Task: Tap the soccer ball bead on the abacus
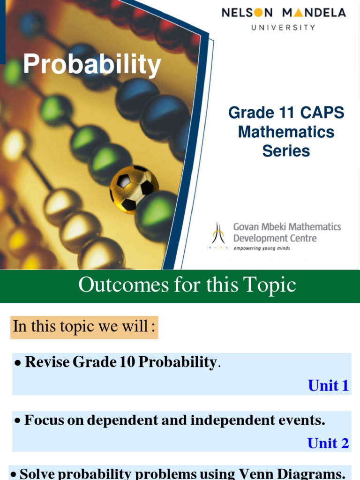click(134, 189)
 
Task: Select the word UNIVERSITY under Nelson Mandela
click(284, 28)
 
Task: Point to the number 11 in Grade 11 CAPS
click(285, 113)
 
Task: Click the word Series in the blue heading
click(286, 151)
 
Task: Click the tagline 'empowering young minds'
click(262, 248)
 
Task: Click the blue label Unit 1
click(328, 385)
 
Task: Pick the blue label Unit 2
click(328, 443)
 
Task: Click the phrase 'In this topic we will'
click(81, 326)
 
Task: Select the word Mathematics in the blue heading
click(286, 132)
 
